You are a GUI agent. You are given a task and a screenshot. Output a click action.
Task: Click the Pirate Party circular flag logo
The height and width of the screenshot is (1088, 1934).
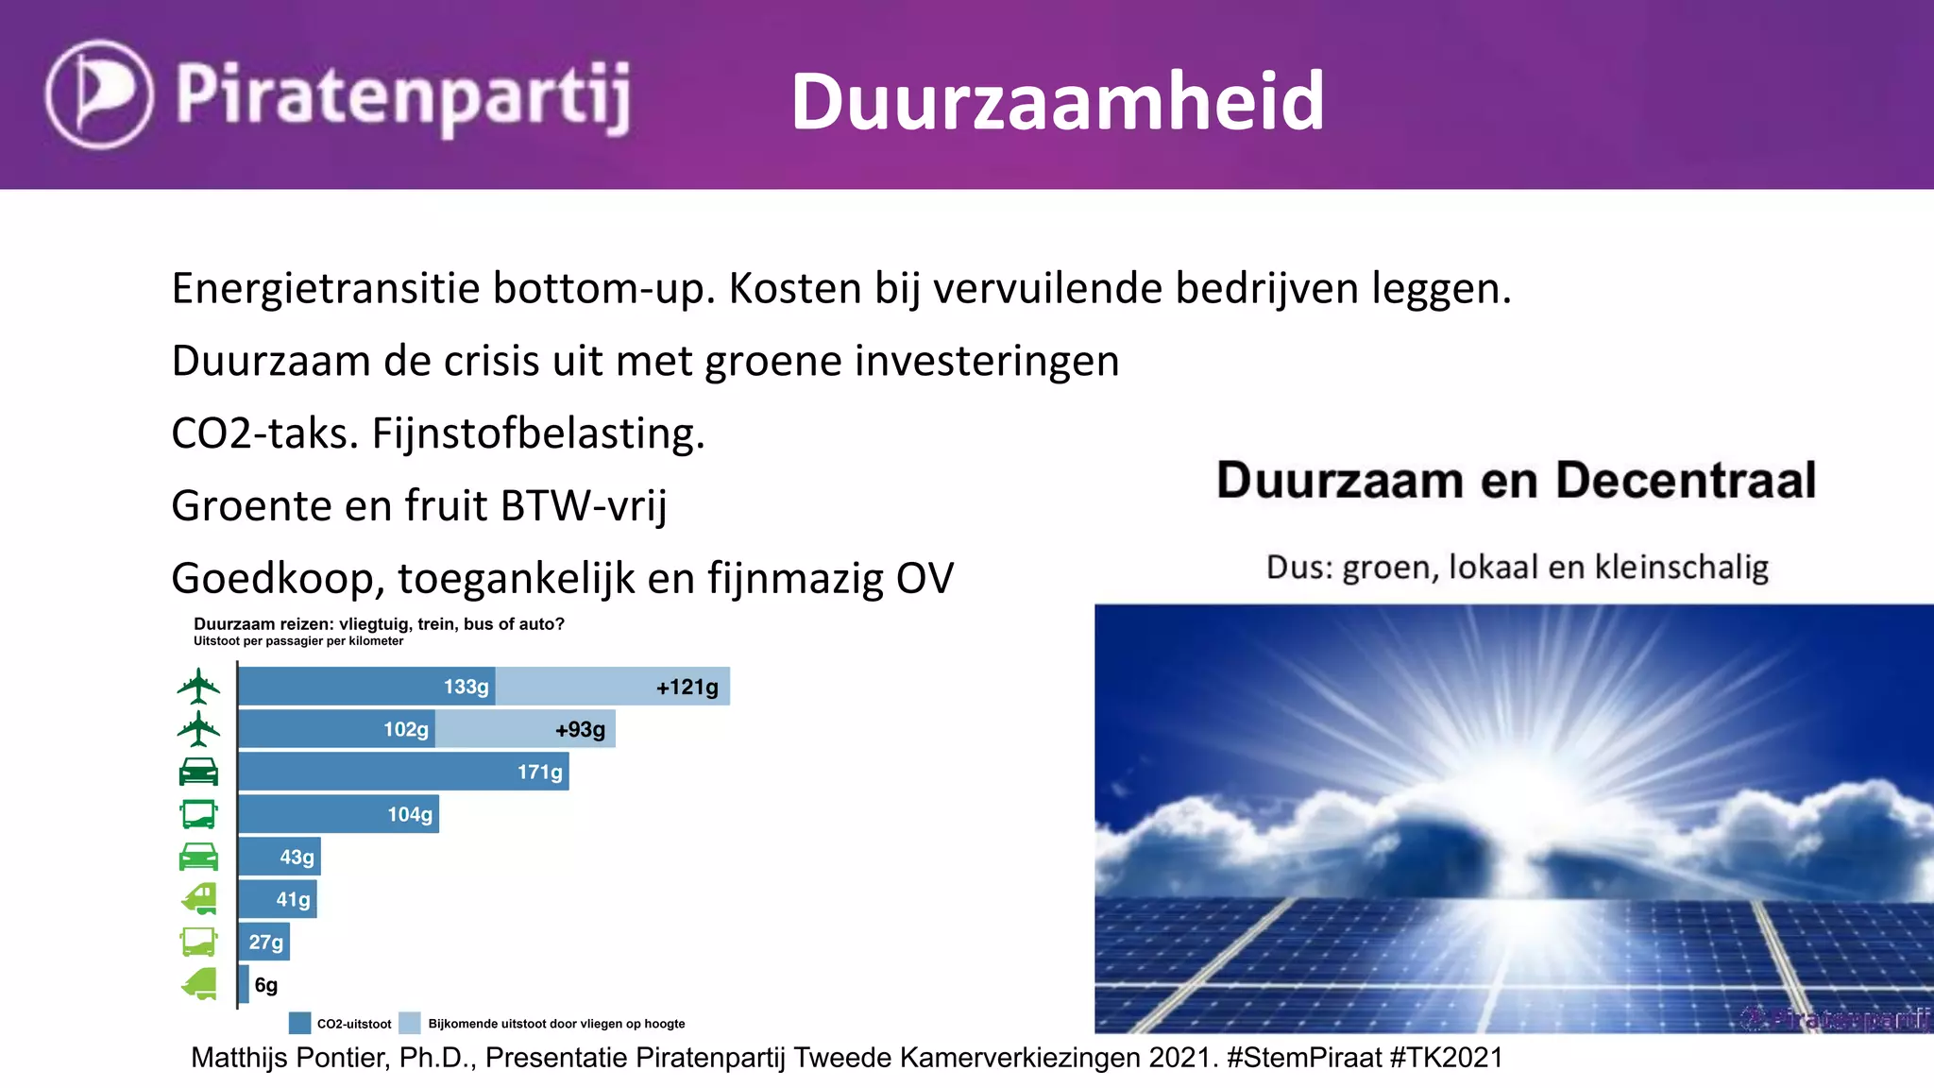coord(99,93)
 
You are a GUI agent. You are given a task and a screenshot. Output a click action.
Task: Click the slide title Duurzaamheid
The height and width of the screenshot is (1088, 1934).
coord(1058,101)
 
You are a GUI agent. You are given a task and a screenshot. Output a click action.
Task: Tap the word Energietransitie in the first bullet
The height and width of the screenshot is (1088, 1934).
coord(325,289)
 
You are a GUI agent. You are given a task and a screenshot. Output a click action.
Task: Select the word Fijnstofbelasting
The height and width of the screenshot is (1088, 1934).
coord(538,434)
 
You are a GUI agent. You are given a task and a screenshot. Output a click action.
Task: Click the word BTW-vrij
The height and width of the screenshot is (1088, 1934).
coord(584,506)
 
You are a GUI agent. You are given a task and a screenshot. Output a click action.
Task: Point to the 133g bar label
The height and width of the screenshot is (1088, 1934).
coord(466,687)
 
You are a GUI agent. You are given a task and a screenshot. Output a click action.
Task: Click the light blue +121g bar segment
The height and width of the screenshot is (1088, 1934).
coord(612,687)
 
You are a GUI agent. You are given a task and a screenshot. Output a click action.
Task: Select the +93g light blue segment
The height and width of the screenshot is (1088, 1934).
coord(525,729)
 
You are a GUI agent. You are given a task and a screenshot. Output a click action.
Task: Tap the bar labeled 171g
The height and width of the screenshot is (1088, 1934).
coord(403,772)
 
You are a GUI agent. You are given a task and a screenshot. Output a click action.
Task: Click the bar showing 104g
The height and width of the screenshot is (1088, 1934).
coord(338,814)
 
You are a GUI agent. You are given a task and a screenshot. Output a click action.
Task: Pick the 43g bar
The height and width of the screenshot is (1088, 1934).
coord(280,857)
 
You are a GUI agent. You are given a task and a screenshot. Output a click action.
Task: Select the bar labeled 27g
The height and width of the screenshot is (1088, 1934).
coord(264,942)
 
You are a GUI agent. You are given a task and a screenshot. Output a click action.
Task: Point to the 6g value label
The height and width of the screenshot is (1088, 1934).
coord(266,985)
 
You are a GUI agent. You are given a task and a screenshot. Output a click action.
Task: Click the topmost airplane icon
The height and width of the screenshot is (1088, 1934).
coord(198,686)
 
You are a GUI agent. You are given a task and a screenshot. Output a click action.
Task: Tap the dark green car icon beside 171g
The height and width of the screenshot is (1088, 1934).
coord(198,772)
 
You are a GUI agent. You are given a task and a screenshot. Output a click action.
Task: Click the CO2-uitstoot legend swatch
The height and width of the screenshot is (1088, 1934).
coord(299,1023)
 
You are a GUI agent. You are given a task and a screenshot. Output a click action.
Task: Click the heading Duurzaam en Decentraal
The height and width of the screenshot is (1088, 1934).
coord(1516,481)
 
